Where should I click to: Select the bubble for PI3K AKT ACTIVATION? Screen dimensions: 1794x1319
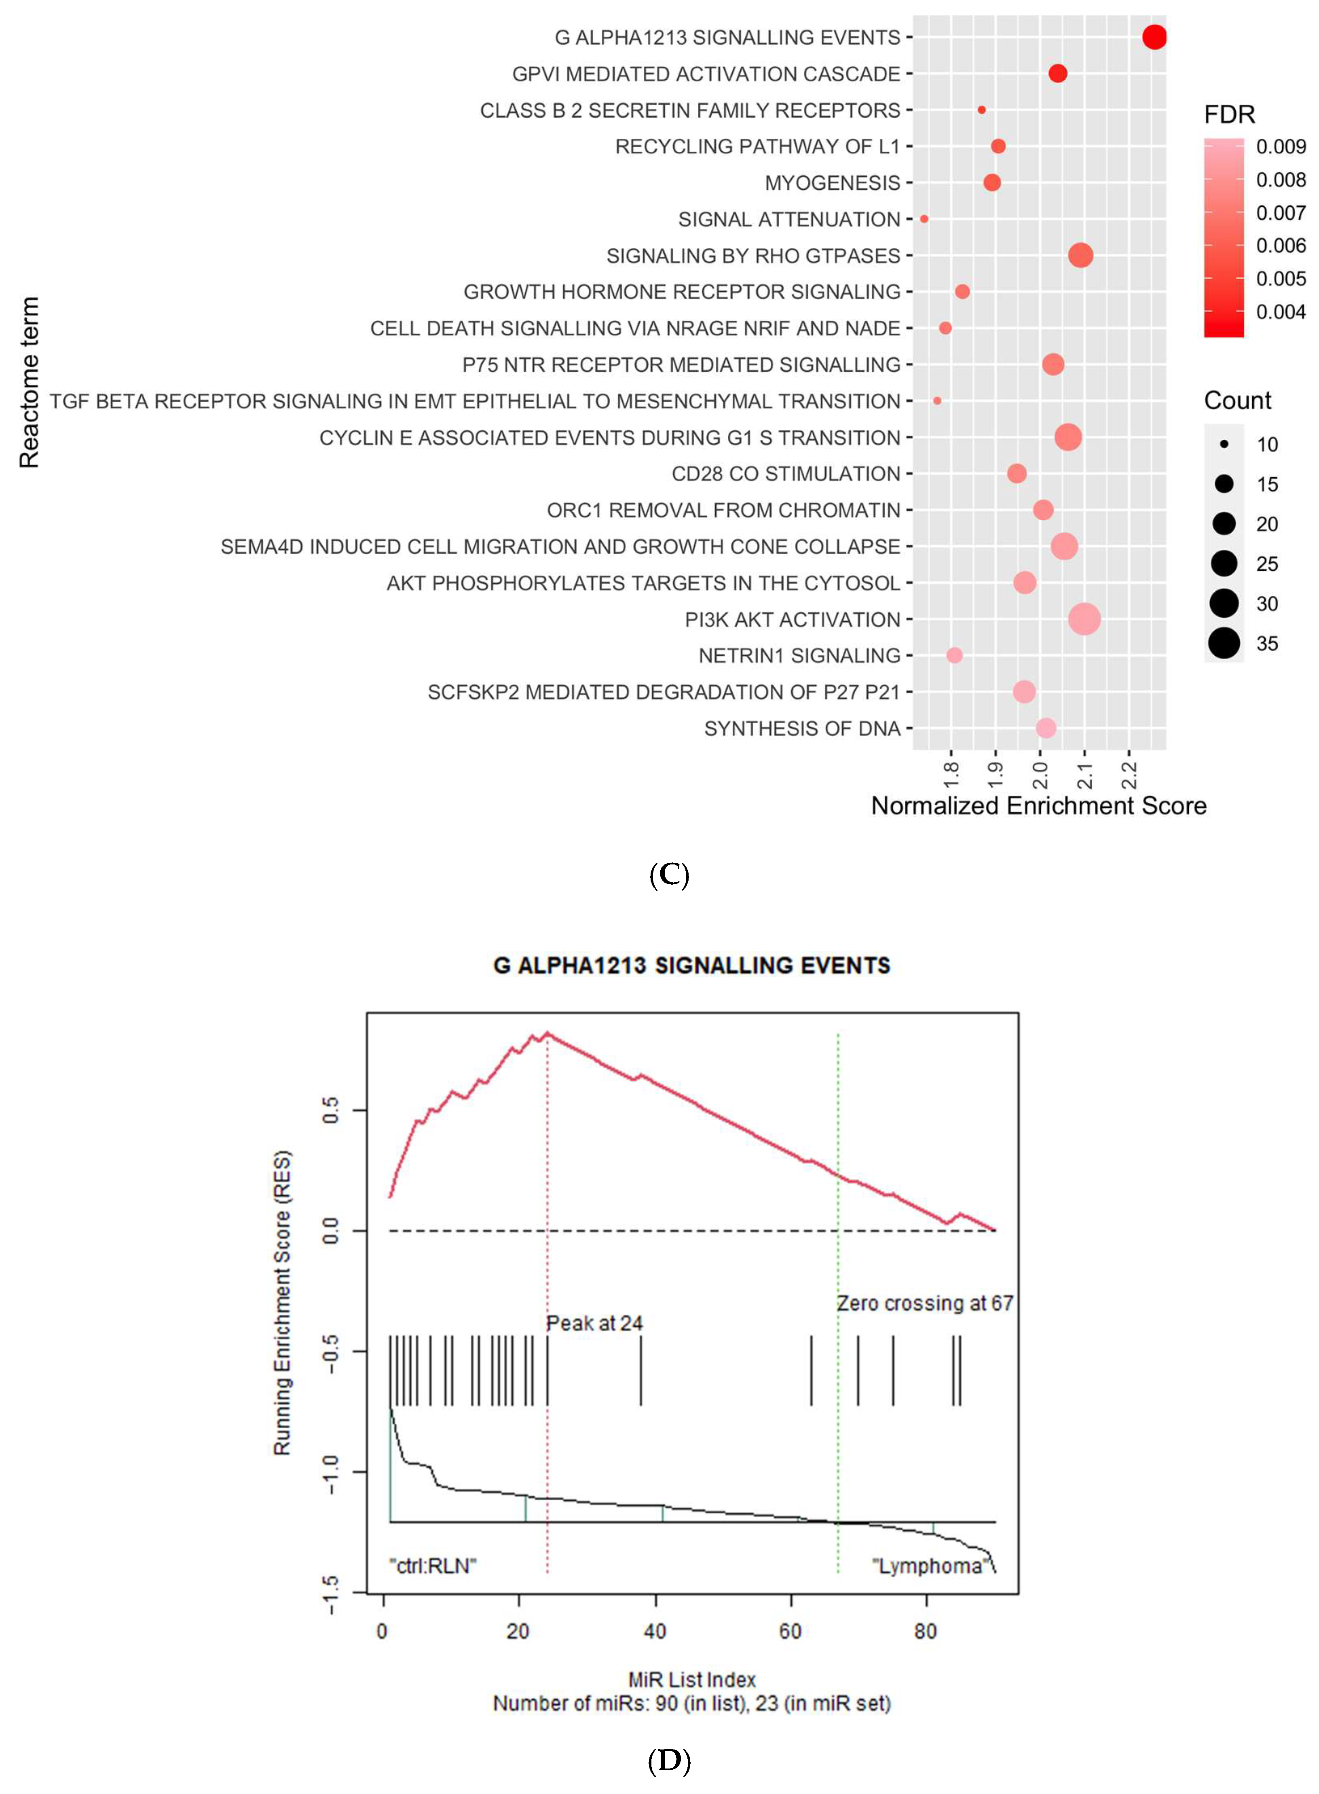point(1084,619)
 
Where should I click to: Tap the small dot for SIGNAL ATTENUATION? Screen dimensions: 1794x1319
point(924,219)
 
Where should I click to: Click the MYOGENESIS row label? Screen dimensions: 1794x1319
point(832,183)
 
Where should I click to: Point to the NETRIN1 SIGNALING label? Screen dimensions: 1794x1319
point(799,656)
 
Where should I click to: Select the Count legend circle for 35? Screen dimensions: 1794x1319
point(1223,643)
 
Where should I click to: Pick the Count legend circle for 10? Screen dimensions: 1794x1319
point(1223,444)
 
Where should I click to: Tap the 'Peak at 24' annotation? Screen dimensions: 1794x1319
point(594,1324)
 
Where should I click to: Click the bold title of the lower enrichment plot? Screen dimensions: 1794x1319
point(691,966)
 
